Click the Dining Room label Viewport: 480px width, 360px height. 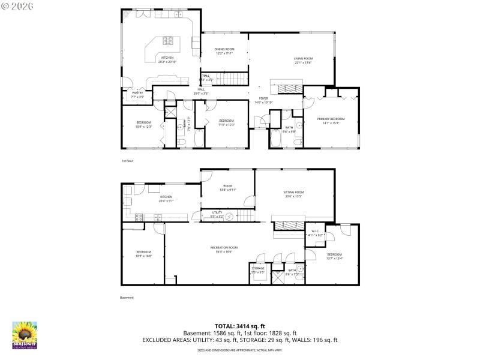[224, 51]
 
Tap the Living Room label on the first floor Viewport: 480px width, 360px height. [303, 60]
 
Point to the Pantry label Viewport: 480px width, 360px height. [137, 94]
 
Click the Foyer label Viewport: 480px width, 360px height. [263, 100]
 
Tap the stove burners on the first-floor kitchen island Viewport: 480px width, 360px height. [168, 41]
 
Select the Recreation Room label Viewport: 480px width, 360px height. [224, 249]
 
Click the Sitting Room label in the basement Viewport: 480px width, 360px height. [293, 194]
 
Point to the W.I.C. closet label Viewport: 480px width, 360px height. [316, 234]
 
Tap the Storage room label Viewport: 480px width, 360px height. [258, 270]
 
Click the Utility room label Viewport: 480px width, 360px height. [217, 214]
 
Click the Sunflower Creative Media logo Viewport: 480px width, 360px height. [25, 335]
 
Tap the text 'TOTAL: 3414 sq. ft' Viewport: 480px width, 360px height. [239, 326]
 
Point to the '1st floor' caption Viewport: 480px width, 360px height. [127, 161]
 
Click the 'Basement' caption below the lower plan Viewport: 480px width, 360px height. [127, 298]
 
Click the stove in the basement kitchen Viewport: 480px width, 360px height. [139, 217]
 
